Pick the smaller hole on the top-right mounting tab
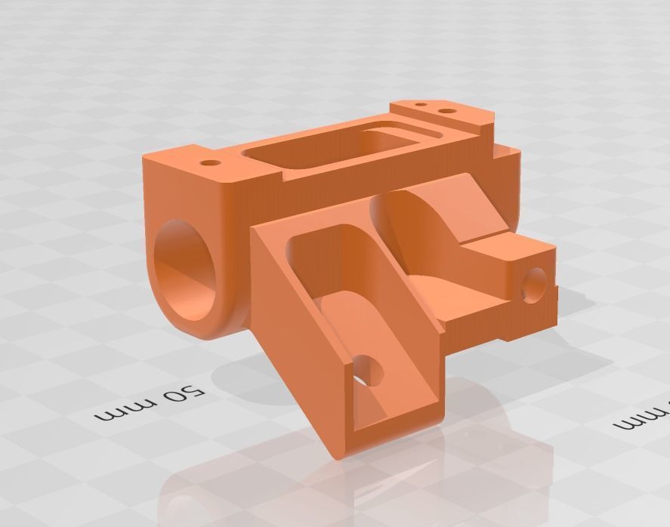421,104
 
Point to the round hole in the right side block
533,285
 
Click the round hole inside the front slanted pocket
371,369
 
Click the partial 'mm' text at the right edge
643,418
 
